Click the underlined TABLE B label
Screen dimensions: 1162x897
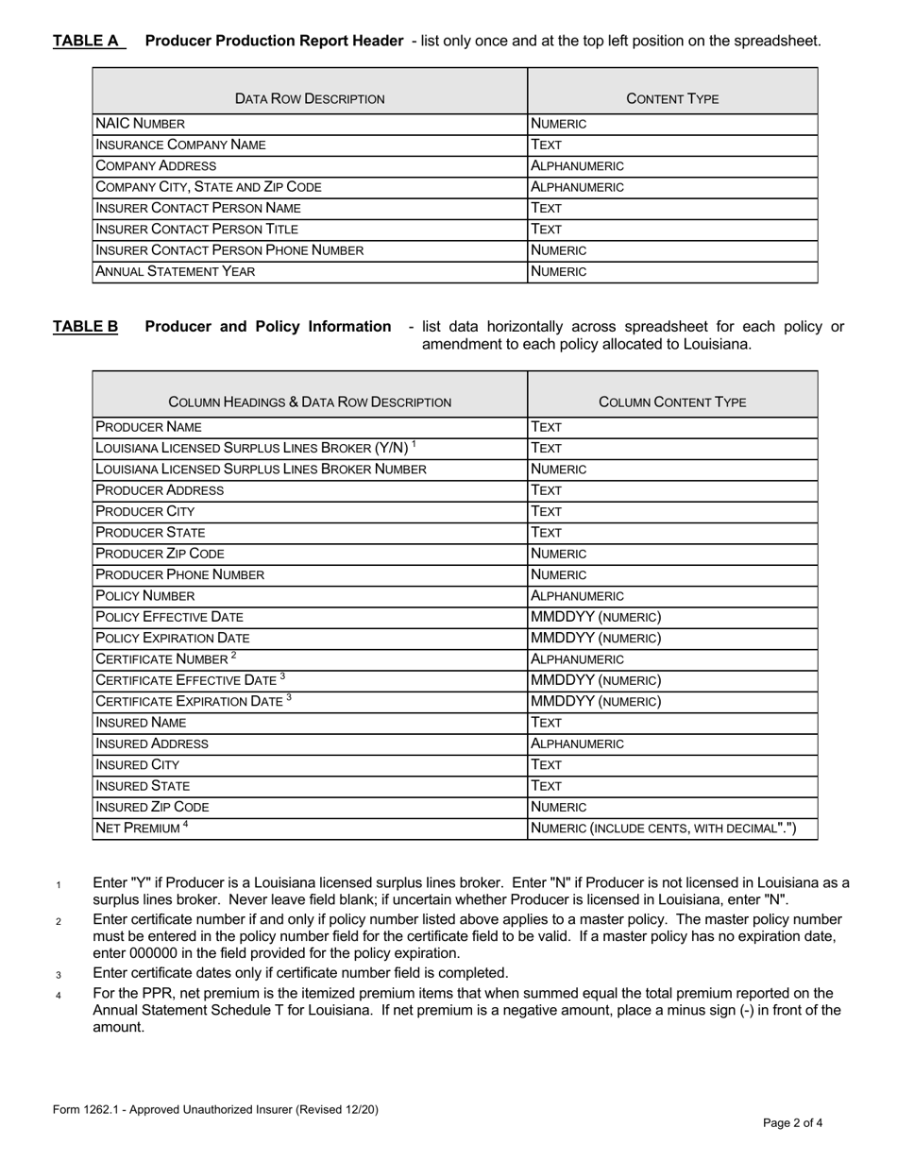click(86, 327)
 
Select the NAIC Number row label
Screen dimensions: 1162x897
click(141, 124)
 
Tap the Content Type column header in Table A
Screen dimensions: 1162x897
click(672, 98)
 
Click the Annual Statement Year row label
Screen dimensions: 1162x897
click(176, 272)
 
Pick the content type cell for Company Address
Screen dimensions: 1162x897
click(578, 166)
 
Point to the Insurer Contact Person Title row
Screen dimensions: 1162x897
click(197, 230)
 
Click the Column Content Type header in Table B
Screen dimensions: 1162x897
click(672, 402)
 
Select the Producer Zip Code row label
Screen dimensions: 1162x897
click(161, 554)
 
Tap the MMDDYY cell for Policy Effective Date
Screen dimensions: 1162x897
click(596, 617)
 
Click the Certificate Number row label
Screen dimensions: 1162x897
click(166, 658)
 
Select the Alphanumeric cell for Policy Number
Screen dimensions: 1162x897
click(578, 596)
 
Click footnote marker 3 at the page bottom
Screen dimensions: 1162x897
click(59, 975)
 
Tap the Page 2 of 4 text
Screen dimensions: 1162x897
click(793, 1123)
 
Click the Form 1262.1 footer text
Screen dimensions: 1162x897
click(215, 1110)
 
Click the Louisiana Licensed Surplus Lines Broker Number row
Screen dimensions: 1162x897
click(262, 470)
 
